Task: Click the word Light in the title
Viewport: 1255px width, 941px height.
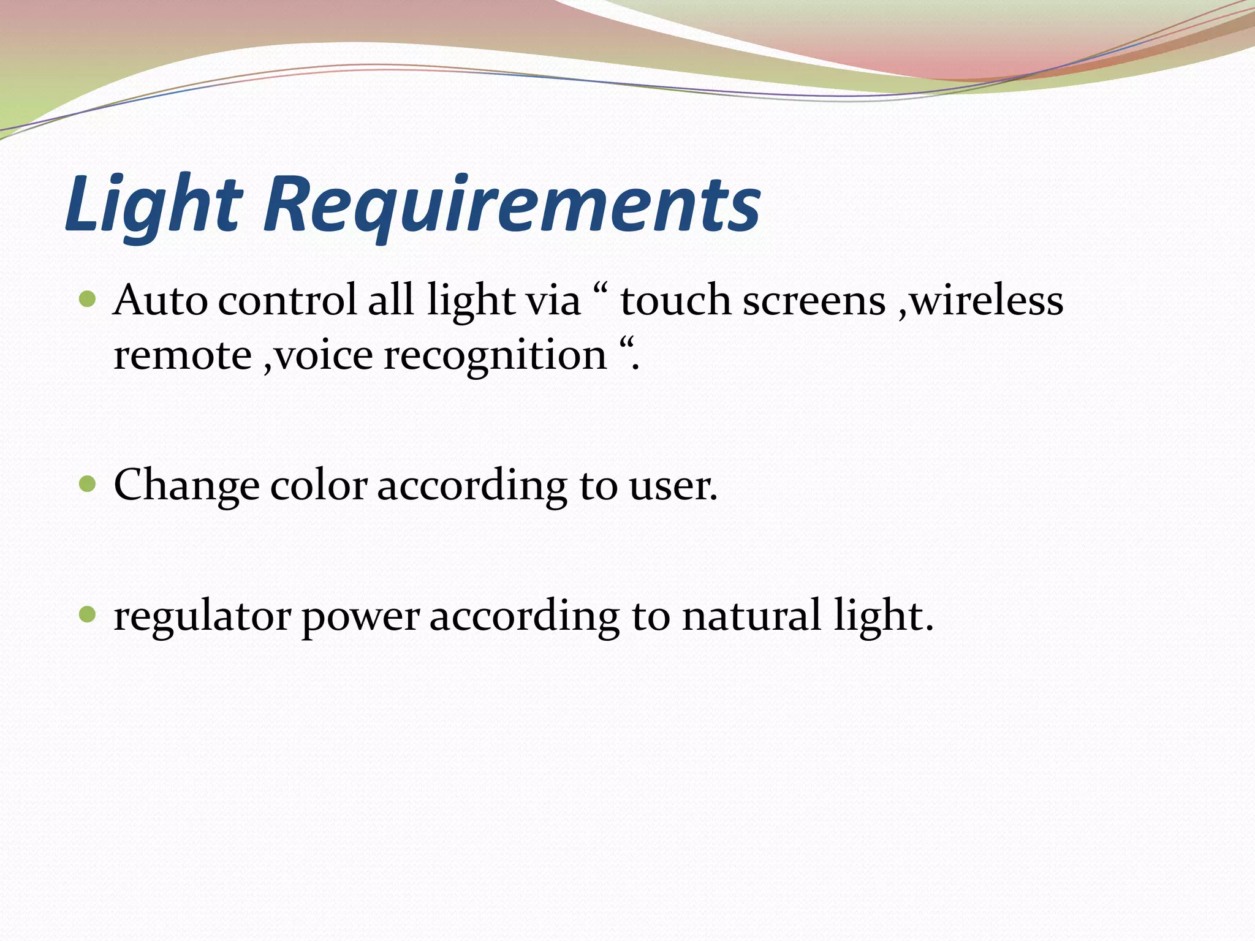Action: click(153, 205)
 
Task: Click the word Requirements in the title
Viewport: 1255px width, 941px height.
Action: click(512, 205)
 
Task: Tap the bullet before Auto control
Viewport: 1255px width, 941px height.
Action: click(88, 300)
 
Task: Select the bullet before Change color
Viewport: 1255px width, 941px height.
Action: click(88, 485)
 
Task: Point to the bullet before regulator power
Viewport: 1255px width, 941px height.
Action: click(88, 614)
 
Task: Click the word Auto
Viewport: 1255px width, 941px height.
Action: click(161, 301)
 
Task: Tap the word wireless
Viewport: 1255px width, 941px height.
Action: click(986, 301)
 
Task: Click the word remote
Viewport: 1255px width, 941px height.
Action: click(183, 356)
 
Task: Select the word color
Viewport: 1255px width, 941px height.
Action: click(319, 486)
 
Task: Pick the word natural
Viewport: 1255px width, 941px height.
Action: click(751, 616)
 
